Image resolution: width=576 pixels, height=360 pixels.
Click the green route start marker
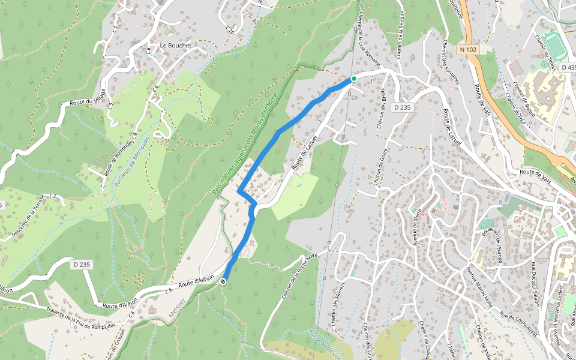coord(354,79)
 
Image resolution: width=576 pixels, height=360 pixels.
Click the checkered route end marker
coord(223,281)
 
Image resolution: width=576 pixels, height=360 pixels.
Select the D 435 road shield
coord(569,68)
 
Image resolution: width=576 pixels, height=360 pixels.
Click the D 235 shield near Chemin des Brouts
coord(403,107)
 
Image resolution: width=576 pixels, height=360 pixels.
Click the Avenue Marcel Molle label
coord(480,287)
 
